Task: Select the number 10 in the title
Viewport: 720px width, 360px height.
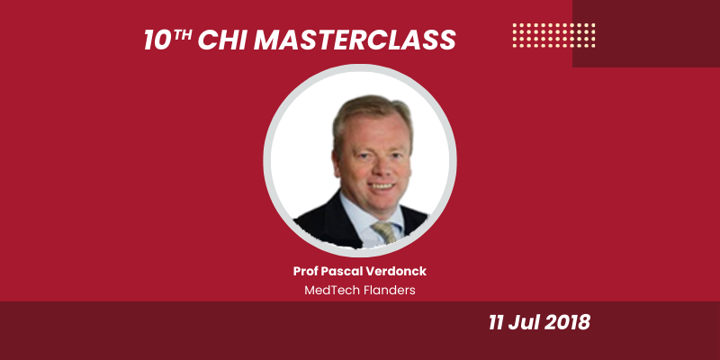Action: click(x=159, y=40)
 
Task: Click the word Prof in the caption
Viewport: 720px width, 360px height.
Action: click(x=307, y=271)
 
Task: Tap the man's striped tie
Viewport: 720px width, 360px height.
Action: click(x=386, y=231)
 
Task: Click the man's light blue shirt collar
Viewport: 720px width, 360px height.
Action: click(x=356, y=217)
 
